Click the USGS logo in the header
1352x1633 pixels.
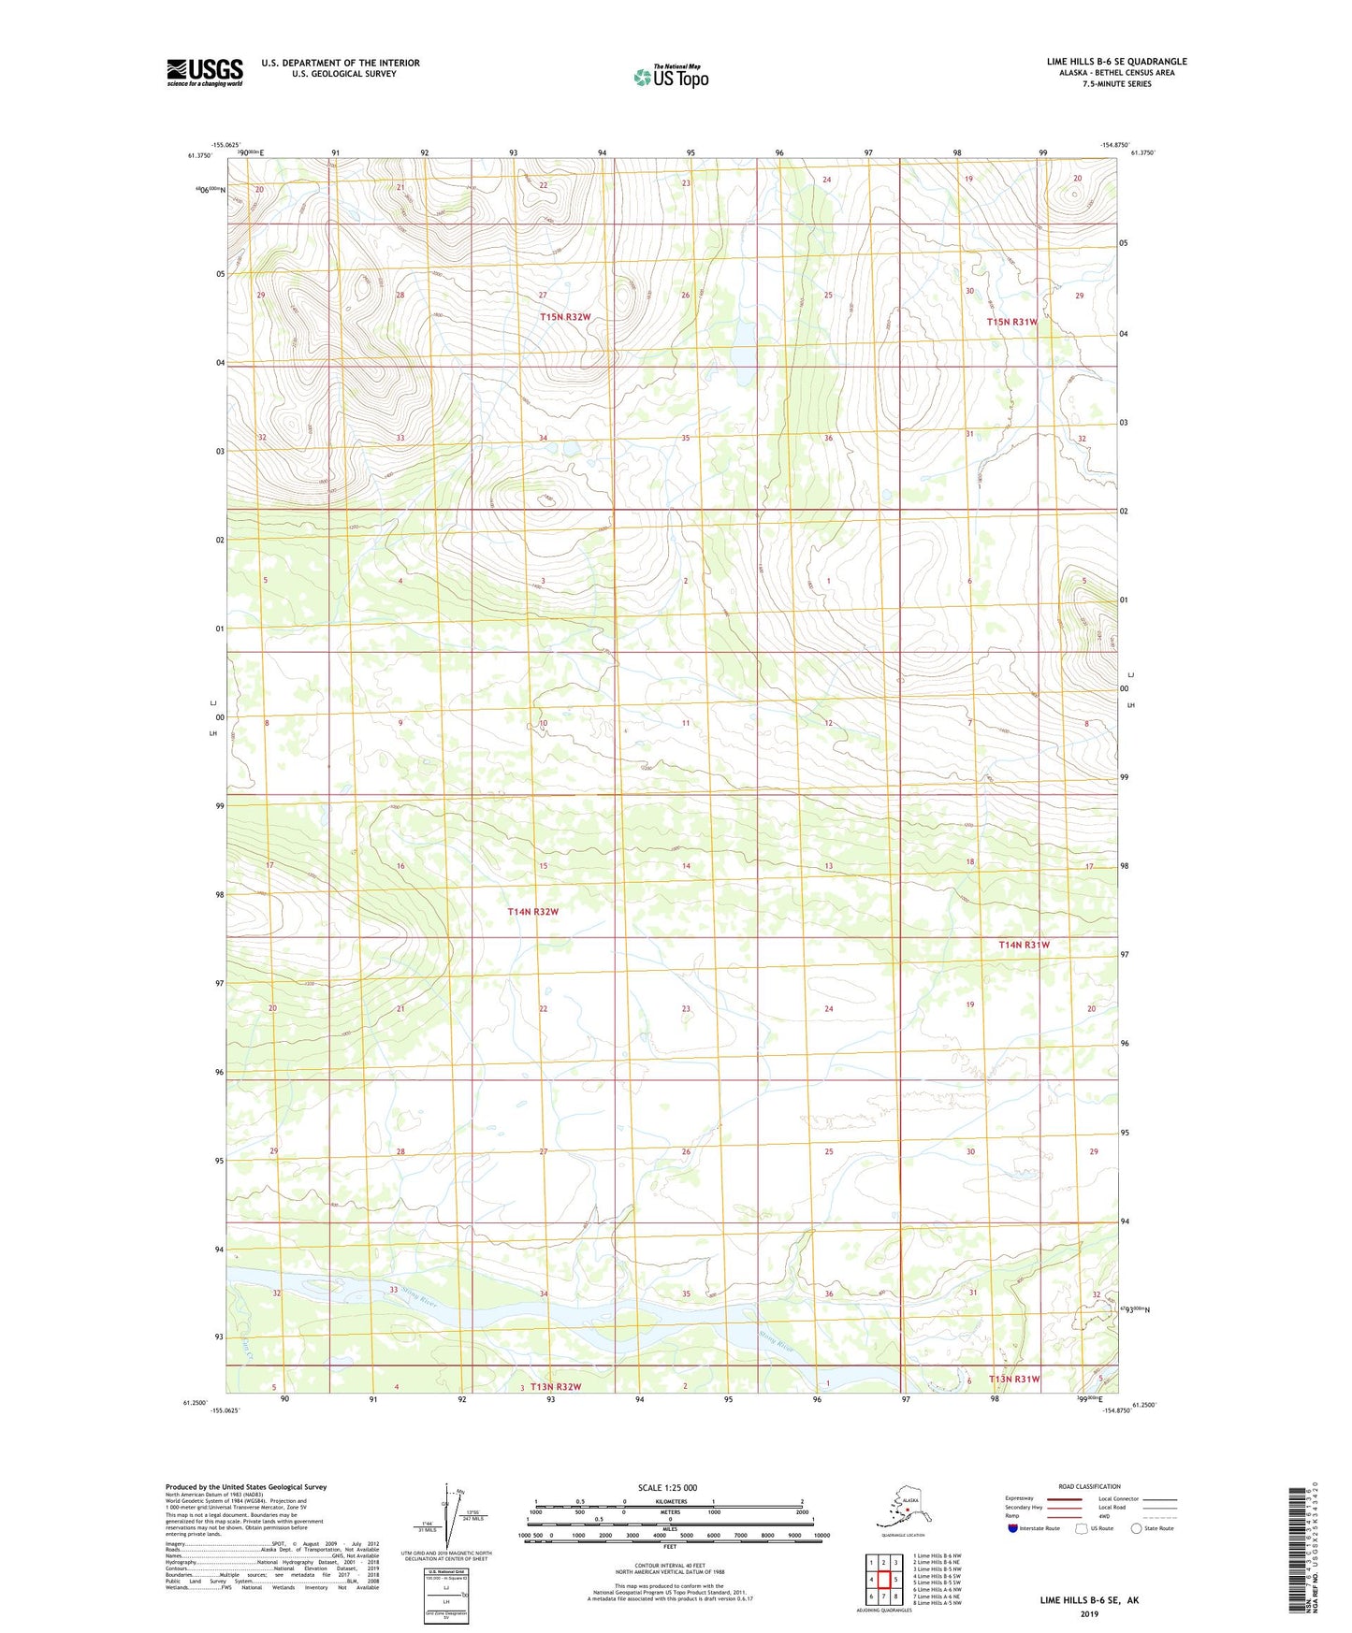point(205,72)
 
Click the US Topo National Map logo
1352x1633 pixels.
point(672,77)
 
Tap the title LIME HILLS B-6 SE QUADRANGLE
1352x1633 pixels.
point(1116,62)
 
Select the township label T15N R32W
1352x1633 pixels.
point(565,317)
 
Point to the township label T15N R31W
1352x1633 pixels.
point(1011,322)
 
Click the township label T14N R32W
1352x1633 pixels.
point(532,911)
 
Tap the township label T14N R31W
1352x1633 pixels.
point(1024,945)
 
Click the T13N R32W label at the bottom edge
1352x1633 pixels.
point(556,1386)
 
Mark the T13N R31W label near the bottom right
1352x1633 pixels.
point(1014,1379)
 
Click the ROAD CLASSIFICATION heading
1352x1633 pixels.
point(1089,1486)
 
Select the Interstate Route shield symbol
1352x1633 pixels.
point(1013,1528)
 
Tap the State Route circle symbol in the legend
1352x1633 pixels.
point(1136,1528)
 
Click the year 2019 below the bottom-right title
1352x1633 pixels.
point(1089,1613)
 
